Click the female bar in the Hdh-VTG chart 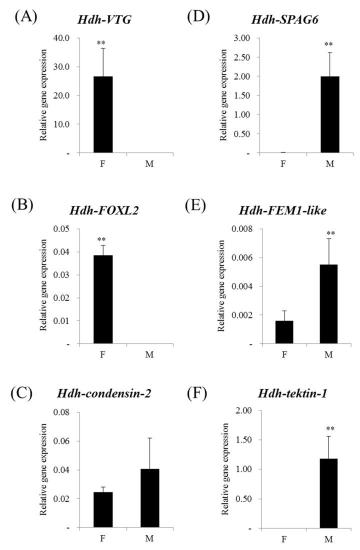coord(103,115)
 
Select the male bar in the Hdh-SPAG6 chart coord(329,115)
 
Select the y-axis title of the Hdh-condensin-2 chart coord(44,470)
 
